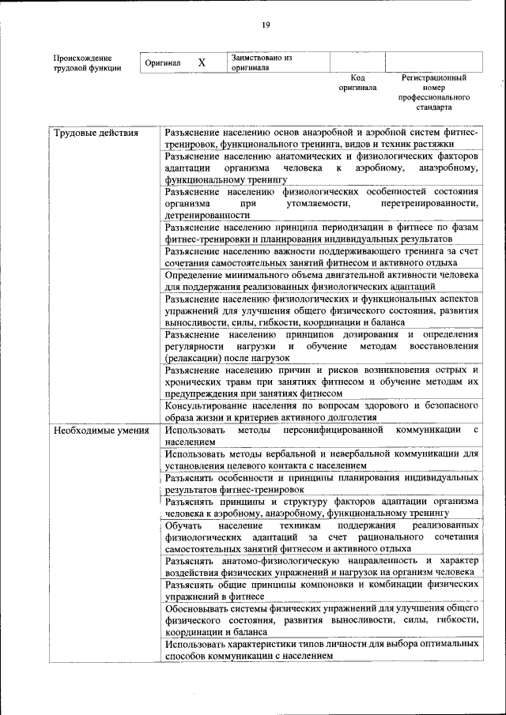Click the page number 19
point(266,25)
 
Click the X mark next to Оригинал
point(202,62)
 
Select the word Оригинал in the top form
point(164,62)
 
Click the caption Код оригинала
point(357,83)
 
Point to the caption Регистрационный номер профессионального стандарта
point(433,92)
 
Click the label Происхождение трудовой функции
point(87,62)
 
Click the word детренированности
point(207,214)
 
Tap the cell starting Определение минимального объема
point(321,280)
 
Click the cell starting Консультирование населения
point(321,411)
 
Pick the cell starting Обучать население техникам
point(321,536)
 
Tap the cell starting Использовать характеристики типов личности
point(321,650)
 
